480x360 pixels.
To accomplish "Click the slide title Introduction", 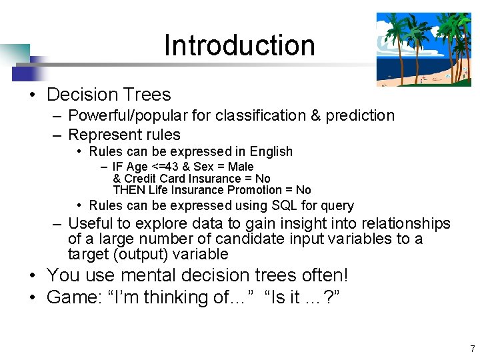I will (x=239, y=45).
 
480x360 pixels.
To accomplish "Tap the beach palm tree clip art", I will (x=423, y=49).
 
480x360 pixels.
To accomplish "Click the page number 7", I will (x=472, y=349).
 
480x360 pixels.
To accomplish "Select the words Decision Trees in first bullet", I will (x=109, y=95).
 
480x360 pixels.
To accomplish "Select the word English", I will (x=268, y=151).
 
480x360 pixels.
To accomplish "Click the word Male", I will (x=241, y=166).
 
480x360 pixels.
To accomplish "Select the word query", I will (x=337, y=205).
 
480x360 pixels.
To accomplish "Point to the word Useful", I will (x=91, y=223).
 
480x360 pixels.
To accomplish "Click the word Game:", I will (x=75, y=297).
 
